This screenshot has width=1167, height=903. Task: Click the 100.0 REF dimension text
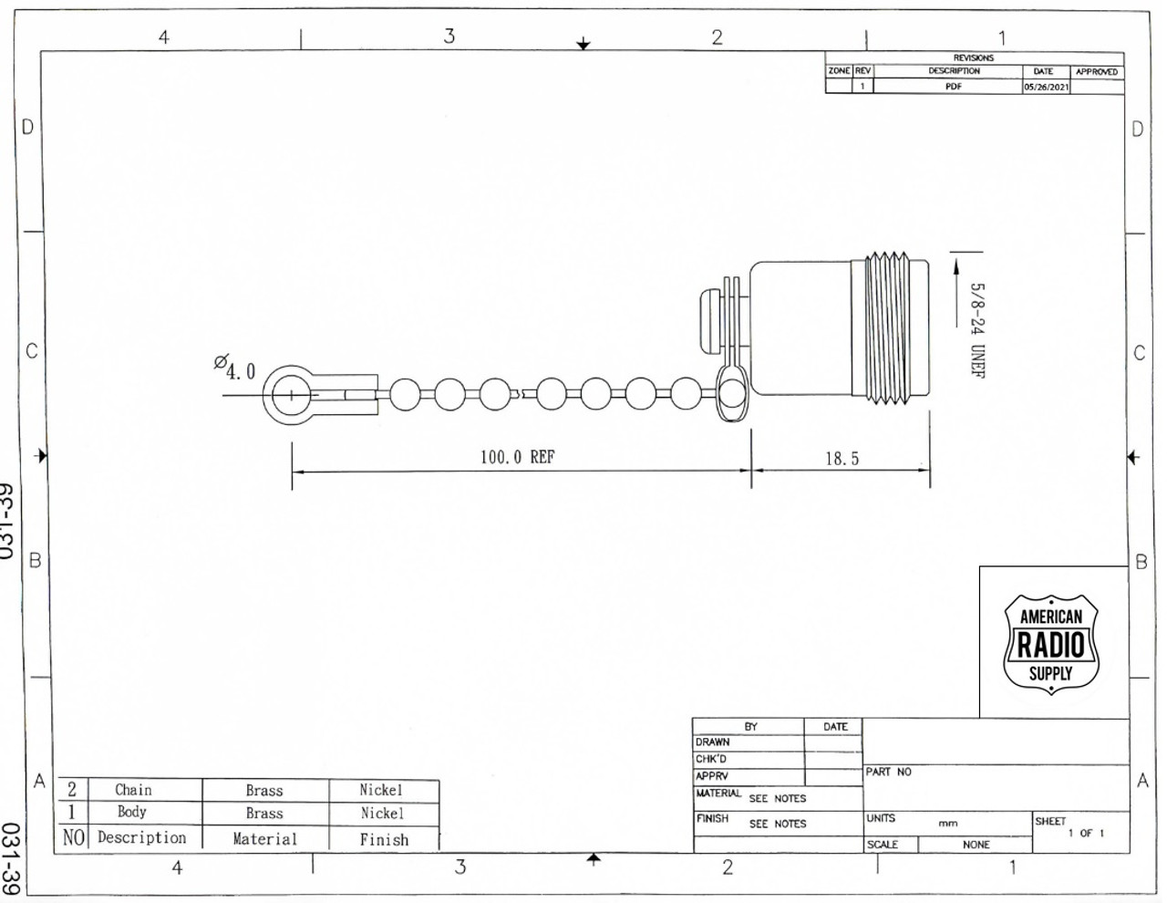click(x=517, y=457)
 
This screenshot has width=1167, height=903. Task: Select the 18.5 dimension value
click(x=842, y=459)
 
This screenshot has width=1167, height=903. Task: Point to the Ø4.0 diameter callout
click(x=235, y=368)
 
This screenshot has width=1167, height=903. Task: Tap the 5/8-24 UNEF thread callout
click(x=977, y=329)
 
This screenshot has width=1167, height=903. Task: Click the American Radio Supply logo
click(x=1051, y=644)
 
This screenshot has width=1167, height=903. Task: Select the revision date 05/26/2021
click(x=1046, y=88)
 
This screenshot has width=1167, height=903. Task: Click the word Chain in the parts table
click(x=133, y=790)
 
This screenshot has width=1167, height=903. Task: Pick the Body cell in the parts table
click(x=131, y=812)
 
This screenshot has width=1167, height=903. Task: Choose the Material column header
click(x=264, y=838)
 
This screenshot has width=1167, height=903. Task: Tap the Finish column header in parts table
click(x=384, y=839)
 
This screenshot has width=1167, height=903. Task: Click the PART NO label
click(x=888, y=773)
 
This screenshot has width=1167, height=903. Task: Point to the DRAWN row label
click(x=712, y=742)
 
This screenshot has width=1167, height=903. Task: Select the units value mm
click(x=947, y=823)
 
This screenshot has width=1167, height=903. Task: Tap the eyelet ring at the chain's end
click(x=290, y=396)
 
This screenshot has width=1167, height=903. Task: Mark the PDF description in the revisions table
click(x=953, y=88)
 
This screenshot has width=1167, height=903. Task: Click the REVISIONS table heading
click(x=974, y=57)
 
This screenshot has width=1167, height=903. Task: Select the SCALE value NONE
click(x=976, y=845)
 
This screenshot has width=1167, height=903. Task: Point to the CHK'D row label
click(x=711, y=759)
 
